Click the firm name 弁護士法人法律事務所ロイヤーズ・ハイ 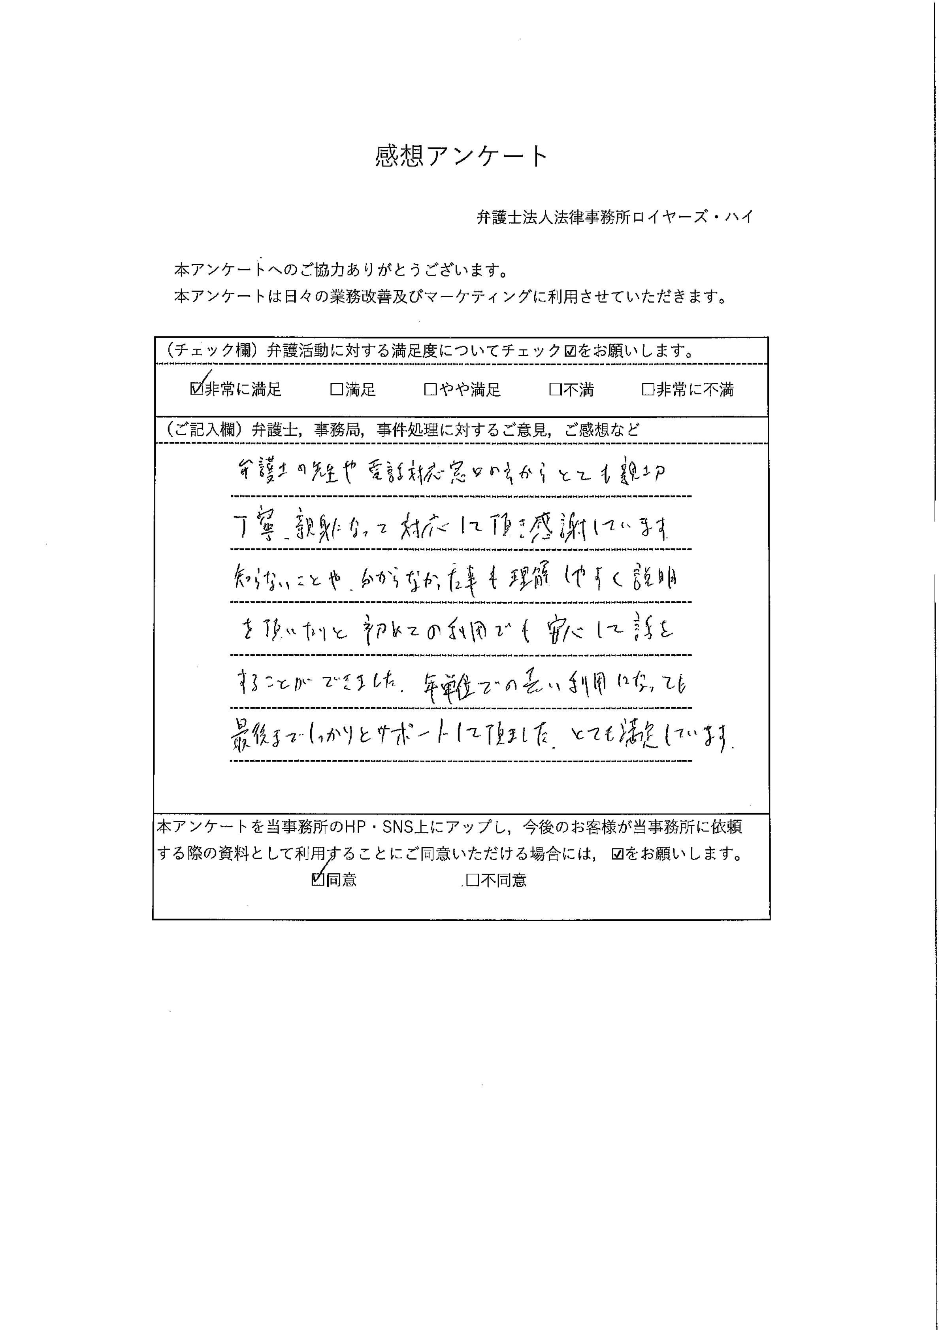[x=614, y=217]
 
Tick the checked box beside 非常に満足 [x=196, y=389]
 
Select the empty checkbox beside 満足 [x=336, y=389]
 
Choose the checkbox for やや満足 [x=430, y=389]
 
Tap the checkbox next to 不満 [x=555, y=389]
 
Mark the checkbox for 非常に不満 [x=648, y=389]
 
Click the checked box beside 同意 [x=317, y=880]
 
